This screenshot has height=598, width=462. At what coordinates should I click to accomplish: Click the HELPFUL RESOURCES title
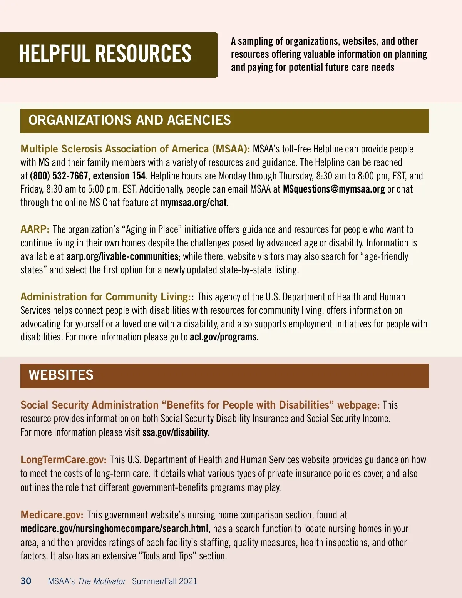[x=105, y=54]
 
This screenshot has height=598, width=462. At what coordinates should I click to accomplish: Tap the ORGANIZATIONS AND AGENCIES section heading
[x=129, y=120]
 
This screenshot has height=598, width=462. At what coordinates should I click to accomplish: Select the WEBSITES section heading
[x=61, y=375]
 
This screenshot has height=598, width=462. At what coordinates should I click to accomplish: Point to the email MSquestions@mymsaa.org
[x=334, y=189]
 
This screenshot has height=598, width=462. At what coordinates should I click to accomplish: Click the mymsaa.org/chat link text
[x=193, y=203]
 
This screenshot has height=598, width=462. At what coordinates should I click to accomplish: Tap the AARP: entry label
[x=35, y=229]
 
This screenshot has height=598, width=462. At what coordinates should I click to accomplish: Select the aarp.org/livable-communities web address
[x=122, y=256]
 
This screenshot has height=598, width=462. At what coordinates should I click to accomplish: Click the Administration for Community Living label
[x=104, y=297]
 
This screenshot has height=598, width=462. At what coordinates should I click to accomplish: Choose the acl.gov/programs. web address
[x=224, y=337]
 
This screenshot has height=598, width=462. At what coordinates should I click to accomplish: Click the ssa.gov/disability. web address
[x=176, y=432]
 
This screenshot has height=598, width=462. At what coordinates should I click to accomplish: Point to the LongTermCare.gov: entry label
[x=64, y=460]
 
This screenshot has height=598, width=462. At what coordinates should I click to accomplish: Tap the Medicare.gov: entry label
[x=52, y=515]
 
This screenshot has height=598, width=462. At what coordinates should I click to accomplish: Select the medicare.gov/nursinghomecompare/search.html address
[x=114, y=529]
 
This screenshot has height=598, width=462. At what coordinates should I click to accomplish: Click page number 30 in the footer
[x=26, y=581]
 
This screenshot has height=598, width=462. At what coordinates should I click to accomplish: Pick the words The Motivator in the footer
[x=102, y=581]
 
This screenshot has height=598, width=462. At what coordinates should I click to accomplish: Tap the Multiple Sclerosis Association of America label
[x=135, y=149]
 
